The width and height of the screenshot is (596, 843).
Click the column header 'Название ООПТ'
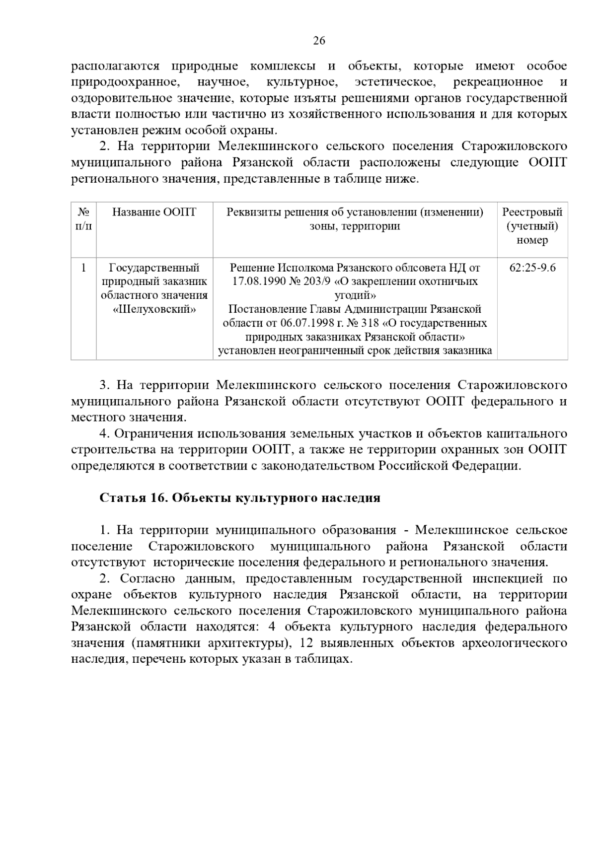pyautogui.click(x=154, y=212)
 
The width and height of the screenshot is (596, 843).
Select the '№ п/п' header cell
pyautogui.click(x=83, y=219)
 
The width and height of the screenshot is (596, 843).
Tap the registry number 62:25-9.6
pyautogui.click(x=532, y=268)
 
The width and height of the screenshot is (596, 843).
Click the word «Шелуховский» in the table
pyautogui.click(x=154, y=309)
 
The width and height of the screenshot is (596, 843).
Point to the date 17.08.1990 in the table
pyautogui.click(x=259, y=281)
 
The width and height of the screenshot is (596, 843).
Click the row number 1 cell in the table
pyautogui.click(x=83, y=268)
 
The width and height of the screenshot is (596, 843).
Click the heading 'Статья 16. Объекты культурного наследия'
pyautogui.click(x=240, y=498)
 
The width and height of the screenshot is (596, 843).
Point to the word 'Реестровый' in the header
pyautogui.click(x=532, y=212)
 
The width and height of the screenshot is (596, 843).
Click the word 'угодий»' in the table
pyautogui.click(x=355, y=295)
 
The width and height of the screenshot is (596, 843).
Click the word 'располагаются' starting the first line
pyautogui.click(x=115, y=66)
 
